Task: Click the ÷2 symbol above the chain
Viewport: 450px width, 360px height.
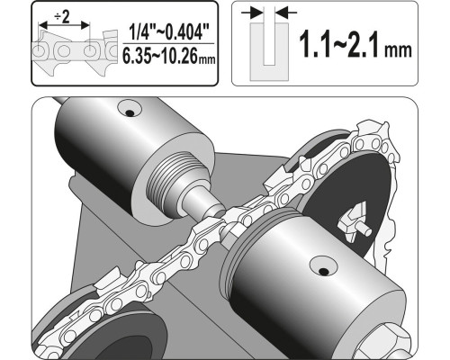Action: [x=62, y=18]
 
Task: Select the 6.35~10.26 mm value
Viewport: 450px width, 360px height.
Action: [x=169, y=56]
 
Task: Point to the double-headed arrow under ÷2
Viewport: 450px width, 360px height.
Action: [x=65, y=25]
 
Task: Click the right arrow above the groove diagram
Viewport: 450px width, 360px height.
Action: [x=286, y=13]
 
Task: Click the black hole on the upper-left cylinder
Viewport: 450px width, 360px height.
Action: [x=130, y=113]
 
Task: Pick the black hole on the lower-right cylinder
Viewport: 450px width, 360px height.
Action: [x=323, y=272]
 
